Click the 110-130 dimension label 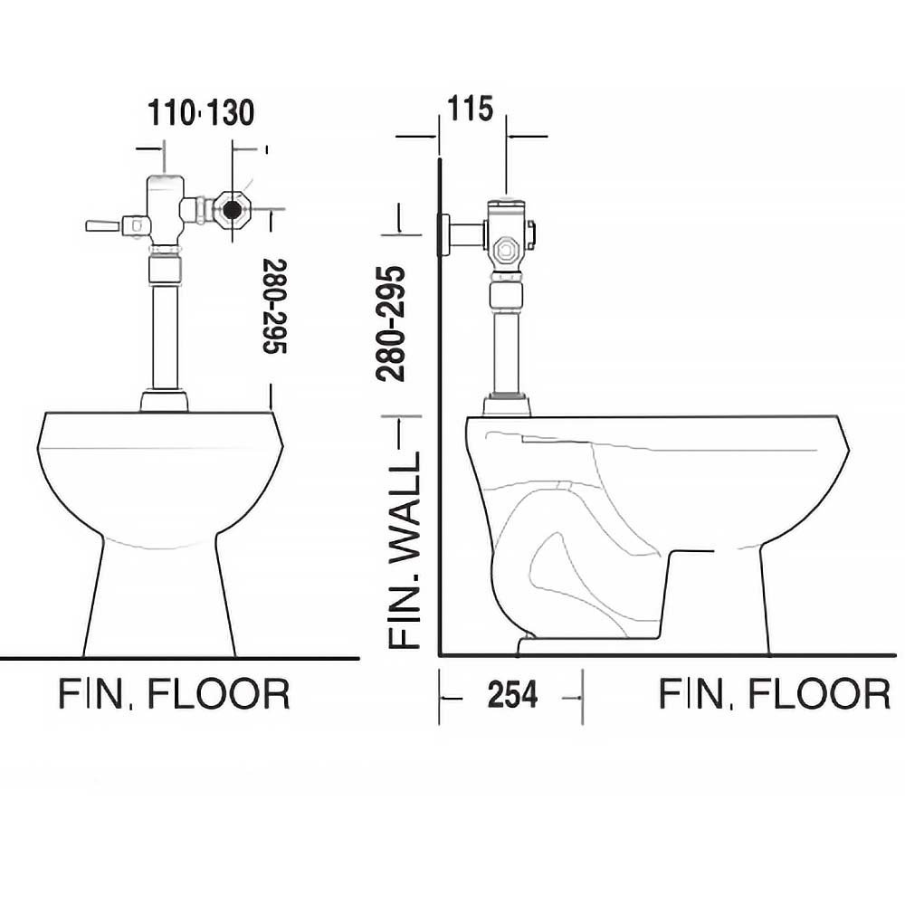coord(201,112)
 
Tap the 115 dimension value coord(471,109)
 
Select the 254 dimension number coord(512,694)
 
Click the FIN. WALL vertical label coord(404,549)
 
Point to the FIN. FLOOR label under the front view coord(174,694)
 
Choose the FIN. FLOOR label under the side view coord(774,694)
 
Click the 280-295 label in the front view coord(275,306)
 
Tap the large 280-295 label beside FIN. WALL coord(391,323)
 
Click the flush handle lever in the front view coord(103,225)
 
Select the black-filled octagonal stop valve coord(233,210)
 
